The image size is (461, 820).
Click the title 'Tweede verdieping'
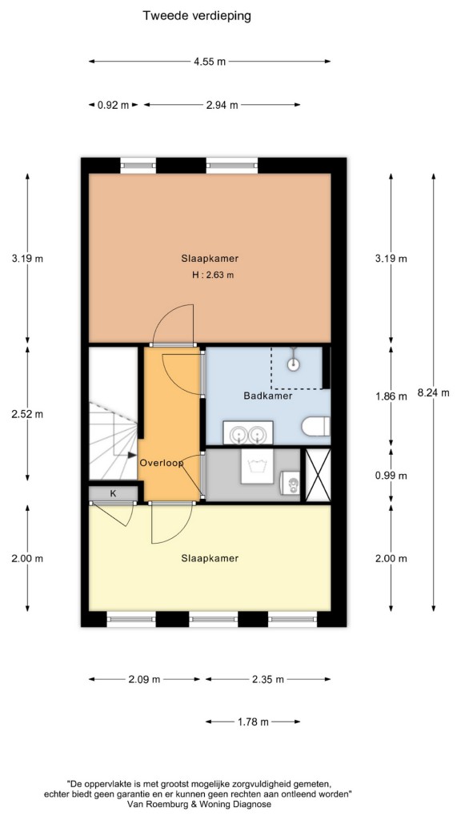tap(197, 16)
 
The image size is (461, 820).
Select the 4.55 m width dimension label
tap(210, 62)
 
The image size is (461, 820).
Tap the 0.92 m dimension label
tap(113, 105)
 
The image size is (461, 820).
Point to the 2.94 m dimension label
tap(222, 105)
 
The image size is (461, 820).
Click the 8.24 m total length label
tap(433, 392)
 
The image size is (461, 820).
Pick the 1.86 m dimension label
tap(391, 396)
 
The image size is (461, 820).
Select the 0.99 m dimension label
tap(391, 476)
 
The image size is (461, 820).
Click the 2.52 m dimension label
tap(27, 414)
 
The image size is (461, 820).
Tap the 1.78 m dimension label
tap(253, 722)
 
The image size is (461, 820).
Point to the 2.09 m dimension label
tap(144, 680)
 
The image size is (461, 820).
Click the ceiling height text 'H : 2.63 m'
tap(213, 275)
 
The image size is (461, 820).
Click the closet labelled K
tap(113, 493)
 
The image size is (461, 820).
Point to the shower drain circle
tap(295, 364)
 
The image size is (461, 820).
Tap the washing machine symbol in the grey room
tap(259, 467)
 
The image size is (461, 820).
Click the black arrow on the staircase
tap(132, 456)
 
